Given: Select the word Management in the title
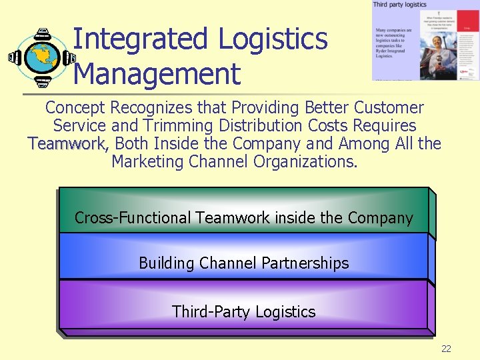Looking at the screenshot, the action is click(x=157, y=73).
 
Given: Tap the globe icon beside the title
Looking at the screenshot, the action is click(x=41, y=57).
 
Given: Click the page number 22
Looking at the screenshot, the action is click(x=446, y=349).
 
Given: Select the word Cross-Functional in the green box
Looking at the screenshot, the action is click(x=133, y=218).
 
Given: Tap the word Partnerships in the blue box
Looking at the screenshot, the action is click(x=305, y=263).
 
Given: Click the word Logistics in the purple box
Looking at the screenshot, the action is click(x=285, y=312).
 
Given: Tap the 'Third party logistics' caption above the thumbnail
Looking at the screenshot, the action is click(x=399, y=5).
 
